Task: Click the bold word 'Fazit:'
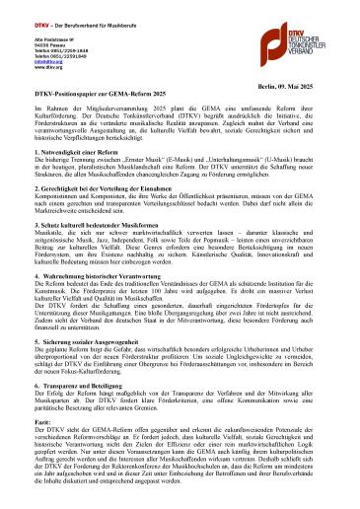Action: [40, 451]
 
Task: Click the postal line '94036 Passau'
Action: [36, 43]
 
